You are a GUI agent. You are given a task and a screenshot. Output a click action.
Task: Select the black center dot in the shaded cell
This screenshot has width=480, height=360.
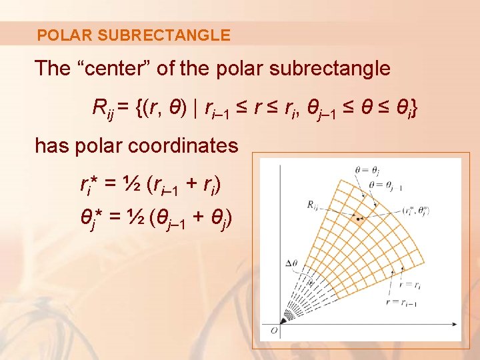pos(359,218)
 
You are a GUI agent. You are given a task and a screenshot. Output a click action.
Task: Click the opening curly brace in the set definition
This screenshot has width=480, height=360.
pos(139,107)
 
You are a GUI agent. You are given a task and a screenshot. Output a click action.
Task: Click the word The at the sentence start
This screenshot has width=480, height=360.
pos(51,68)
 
